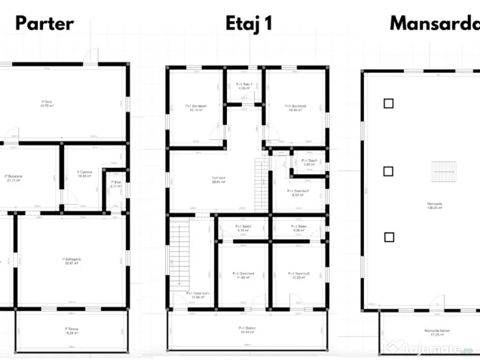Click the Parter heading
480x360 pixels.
click(x=45, y=23)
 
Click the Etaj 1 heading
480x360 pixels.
click(x=248, y=23)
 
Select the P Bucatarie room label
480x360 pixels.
click(x=14, y=178)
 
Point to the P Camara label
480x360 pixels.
click(x=85, y=173)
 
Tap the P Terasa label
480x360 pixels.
click(x=72, y=330)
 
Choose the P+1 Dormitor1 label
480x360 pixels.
click(x=196, y=108)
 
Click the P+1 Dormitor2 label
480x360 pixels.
click(x=296, y=108)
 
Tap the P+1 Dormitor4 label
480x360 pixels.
click(x=243, y=275)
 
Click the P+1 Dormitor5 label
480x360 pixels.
click(x=299, y=275)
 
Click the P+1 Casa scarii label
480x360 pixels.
click(x=198, y=295)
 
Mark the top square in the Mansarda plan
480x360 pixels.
click(x=388, y=104)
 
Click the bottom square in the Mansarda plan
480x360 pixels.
click(x=389, y=237)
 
